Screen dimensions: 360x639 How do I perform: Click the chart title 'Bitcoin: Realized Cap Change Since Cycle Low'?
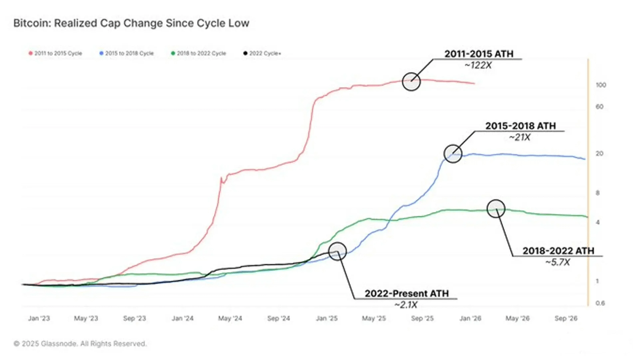point(131,23)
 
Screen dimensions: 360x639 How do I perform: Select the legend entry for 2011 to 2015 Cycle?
point(55,53)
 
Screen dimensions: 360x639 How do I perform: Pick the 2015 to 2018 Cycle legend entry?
point(126,53)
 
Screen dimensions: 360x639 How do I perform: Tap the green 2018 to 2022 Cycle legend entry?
point(198,53)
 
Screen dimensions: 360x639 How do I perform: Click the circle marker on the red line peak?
point(412,81)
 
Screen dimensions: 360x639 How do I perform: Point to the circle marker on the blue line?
point(453,154)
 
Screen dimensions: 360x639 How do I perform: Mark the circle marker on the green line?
point(496,208)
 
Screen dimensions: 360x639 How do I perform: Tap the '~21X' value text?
point(520,137)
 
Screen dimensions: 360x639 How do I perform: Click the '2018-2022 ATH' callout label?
point(558,251)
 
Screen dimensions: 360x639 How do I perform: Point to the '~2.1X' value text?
point(406,304)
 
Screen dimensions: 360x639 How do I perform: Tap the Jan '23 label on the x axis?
point(39,318)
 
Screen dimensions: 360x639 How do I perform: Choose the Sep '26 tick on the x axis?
point(567,318)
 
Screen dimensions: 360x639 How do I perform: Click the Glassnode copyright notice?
point(80,344)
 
